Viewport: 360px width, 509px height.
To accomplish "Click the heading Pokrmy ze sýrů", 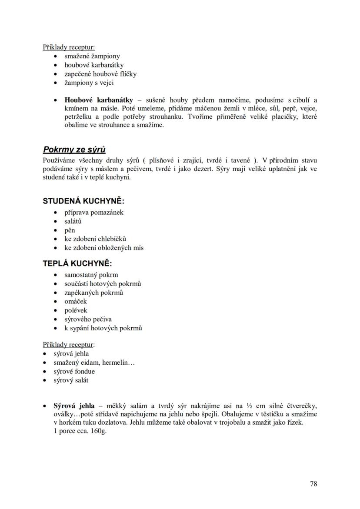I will click(x=74, y=150).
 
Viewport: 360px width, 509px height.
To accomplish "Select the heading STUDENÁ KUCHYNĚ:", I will click(x=83, y=201).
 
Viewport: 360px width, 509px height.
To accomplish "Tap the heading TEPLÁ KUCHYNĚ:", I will click(x=77, y=264).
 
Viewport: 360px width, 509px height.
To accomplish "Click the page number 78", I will click(x=313, y=484).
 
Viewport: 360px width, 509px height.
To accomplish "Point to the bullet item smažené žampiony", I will click(x=92, y=56).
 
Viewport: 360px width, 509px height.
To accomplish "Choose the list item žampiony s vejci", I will click(x=89, y=83).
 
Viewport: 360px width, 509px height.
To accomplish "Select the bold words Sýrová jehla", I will click(x=74, y=406).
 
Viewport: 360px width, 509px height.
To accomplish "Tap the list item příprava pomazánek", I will click(x=94, y=213).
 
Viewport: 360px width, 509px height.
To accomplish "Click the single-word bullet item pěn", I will click(x=70, y=230).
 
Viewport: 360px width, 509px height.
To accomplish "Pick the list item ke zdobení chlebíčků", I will click(x=95, y=239).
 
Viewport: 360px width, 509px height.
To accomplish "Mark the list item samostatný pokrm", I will click(x=91, y=275).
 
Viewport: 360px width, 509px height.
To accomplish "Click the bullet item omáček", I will click(x=76, y=301).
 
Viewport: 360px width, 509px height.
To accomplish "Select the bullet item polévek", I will click(x=76, y=310).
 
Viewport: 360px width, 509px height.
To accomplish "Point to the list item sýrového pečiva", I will click(x=88, y=319).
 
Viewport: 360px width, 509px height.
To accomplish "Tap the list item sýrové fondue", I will click(x=74, y=372).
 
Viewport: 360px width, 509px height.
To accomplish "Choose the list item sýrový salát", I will click(x=71, y=380).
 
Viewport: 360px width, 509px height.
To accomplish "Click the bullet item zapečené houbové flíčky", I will click(x=100, y=74).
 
